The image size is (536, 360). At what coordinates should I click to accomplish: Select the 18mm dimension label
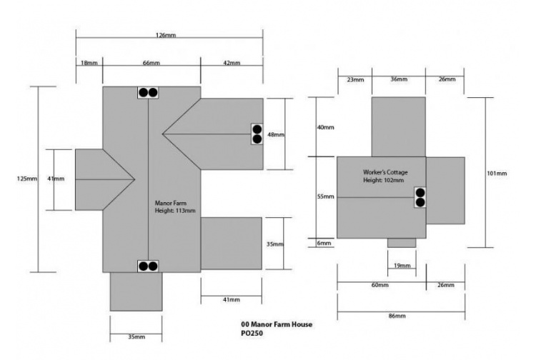click(89, 64)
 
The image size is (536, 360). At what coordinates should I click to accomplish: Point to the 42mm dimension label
click(231, 64)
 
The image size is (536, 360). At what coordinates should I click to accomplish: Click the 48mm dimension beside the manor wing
click(276, 134)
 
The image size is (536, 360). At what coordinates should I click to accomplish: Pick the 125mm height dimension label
click(27, 179)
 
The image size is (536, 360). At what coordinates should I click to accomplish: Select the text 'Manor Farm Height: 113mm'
click(175, 207)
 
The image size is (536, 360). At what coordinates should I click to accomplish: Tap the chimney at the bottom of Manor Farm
click(148, 266)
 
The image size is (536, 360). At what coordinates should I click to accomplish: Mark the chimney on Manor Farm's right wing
click(257, 134)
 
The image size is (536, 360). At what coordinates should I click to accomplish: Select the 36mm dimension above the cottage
click(399, 79)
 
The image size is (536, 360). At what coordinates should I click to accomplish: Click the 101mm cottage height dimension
click(497, 174)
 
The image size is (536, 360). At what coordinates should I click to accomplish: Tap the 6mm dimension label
click(324, 244)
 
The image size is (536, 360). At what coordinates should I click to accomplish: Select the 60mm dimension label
click(379, 285)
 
